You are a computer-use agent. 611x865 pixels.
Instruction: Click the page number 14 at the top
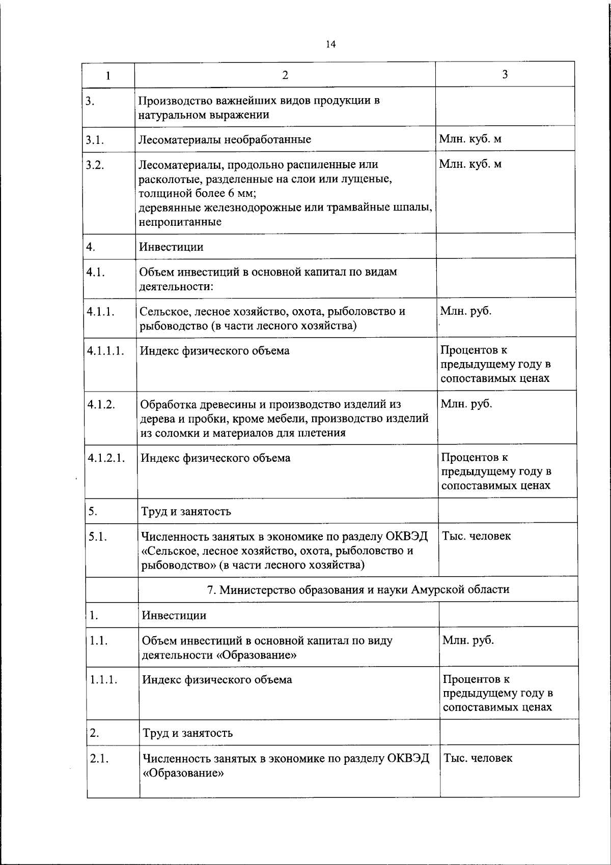tap(330, 44)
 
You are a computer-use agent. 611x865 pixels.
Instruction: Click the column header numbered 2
tap(285, 75)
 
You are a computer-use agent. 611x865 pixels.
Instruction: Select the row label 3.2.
tap(95, 165)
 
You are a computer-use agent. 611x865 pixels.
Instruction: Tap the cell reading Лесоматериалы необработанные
tap(225, 139)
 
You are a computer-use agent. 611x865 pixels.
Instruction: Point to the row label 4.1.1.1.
tap(105, 350)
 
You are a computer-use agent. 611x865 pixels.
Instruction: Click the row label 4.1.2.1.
tap(106, 457)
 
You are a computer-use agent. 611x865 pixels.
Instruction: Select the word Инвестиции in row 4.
tap(171, 247)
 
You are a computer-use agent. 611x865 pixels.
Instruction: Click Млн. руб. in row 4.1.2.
tap(466, 404)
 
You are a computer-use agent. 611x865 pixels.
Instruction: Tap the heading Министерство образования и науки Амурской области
tap(358, 589)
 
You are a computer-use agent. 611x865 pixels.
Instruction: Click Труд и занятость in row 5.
tap(186, 511)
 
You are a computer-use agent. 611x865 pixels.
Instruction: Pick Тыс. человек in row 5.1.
tap(477, 536)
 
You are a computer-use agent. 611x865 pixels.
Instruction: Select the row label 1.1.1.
tap(103, 679)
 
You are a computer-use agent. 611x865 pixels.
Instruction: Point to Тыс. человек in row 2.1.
tap(478, 758)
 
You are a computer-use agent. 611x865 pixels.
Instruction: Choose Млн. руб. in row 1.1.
tap(468, 640)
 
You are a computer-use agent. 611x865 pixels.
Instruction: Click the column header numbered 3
tap(505, 75)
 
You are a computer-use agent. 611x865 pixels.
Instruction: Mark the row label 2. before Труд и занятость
tap(94, 733)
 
